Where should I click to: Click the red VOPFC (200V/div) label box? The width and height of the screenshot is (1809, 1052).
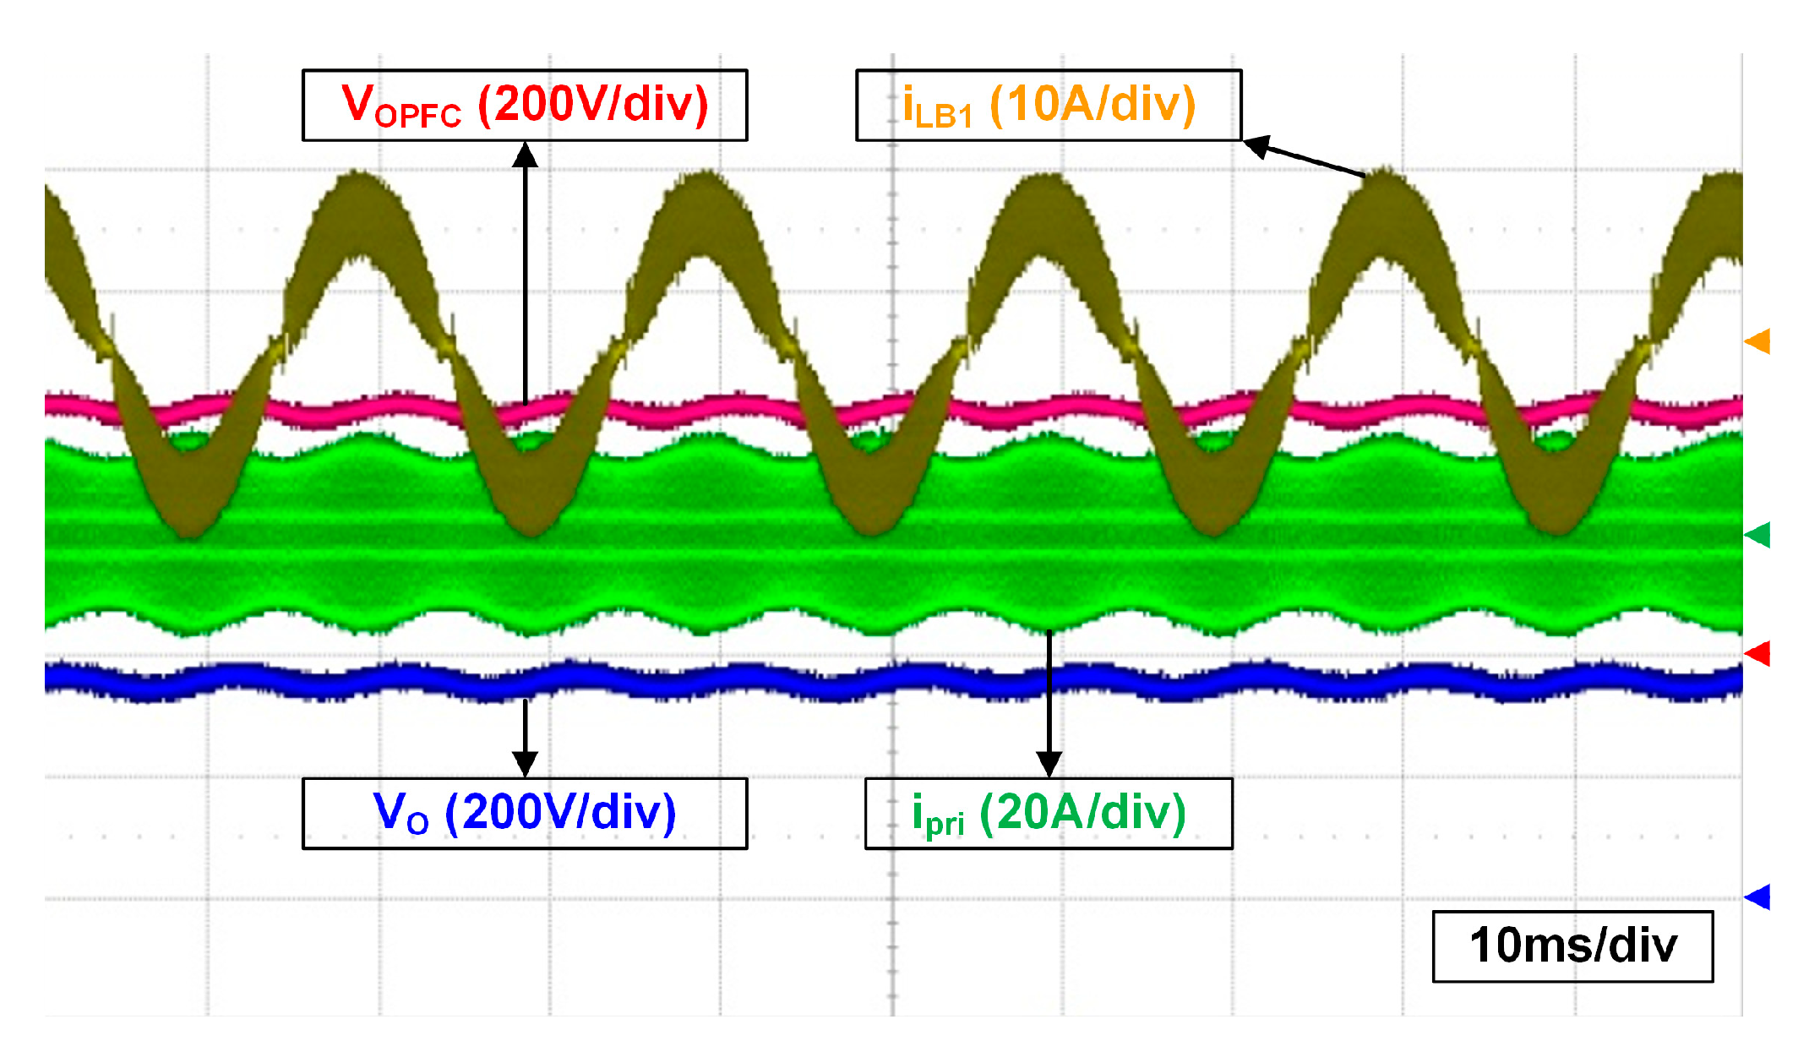524,105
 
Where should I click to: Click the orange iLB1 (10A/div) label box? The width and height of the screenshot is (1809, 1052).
1048,105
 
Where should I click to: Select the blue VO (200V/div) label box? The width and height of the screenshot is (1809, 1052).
524,813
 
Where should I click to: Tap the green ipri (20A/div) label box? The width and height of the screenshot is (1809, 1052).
1048,813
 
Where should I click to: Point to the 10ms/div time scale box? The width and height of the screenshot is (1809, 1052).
1572,946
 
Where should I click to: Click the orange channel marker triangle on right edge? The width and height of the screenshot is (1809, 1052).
1758,341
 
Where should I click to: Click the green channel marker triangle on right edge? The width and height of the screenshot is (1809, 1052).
1758,535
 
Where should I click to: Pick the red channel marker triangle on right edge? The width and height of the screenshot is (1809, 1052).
1758,653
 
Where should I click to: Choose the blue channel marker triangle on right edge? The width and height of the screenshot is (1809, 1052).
1758,897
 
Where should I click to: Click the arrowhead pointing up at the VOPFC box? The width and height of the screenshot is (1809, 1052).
526,154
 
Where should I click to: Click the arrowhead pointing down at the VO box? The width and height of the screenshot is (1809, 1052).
526,764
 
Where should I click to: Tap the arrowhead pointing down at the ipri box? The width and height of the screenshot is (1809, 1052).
1049,764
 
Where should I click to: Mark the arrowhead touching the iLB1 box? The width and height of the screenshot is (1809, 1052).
1256,146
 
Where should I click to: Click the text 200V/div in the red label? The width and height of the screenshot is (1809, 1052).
593,105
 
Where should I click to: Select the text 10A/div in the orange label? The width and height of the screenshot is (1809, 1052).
1092,105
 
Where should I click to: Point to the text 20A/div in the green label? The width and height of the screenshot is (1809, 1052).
1083,813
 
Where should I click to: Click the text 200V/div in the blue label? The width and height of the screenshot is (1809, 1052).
560,813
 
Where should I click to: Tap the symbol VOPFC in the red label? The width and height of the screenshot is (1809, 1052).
400,106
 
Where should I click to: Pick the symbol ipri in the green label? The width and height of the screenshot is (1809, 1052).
937,815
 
